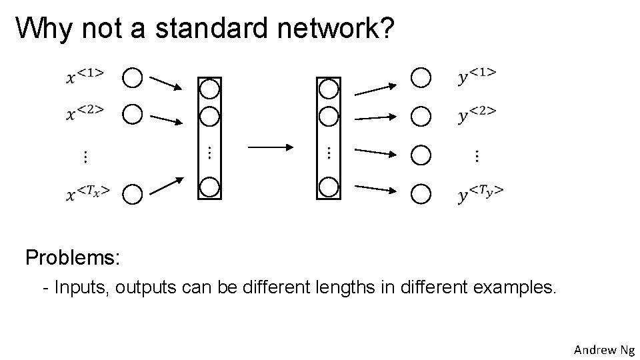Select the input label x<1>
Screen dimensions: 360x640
pos(85,76)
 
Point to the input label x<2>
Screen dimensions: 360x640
pos(85,113)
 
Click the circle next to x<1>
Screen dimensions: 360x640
pos(133,78)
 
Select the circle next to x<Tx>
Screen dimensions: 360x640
pos(133,194)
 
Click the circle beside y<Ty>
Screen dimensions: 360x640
pos(421,194)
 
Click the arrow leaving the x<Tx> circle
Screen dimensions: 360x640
pos(166,186)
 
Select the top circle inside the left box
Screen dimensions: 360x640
pos(209,88)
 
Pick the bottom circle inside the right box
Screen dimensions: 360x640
pos(328,187)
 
